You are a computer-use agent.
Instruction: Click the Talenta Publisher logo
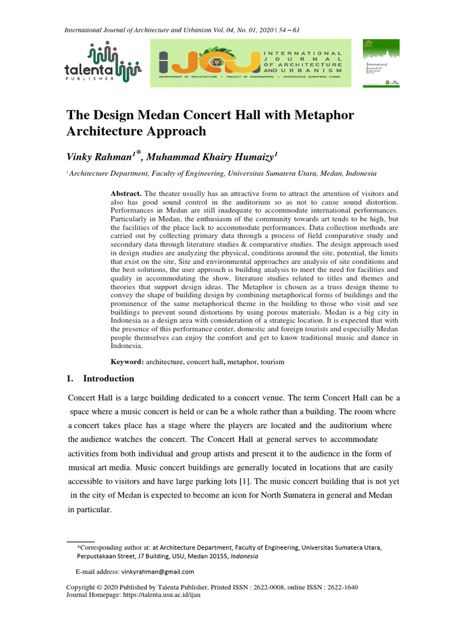(x=102, y=63)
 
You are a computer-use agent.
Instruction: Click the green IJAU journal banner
(x=251, y=63)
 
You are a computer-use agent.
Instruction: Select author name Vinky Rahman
(x=101, y=157)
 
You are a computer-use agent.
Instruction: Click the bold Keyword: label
(x=127, y=361)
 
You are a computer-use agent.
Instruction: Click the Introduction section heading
(x=108, y=378)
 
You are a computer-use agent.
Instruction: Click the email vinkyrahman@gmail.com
(x=157, y=572)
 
